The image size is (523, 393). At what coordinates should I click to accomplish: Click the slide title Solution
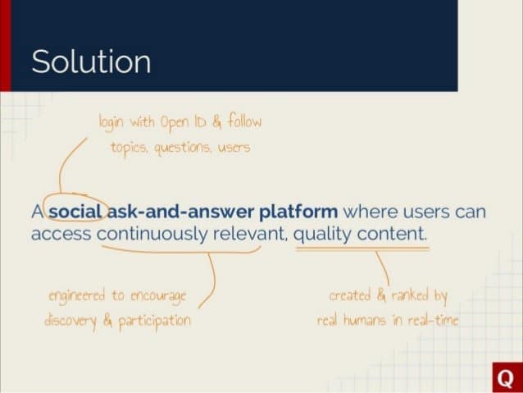[91, 62]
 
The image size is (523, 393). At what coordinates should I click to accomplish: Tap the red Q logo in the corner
[505, 377]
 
